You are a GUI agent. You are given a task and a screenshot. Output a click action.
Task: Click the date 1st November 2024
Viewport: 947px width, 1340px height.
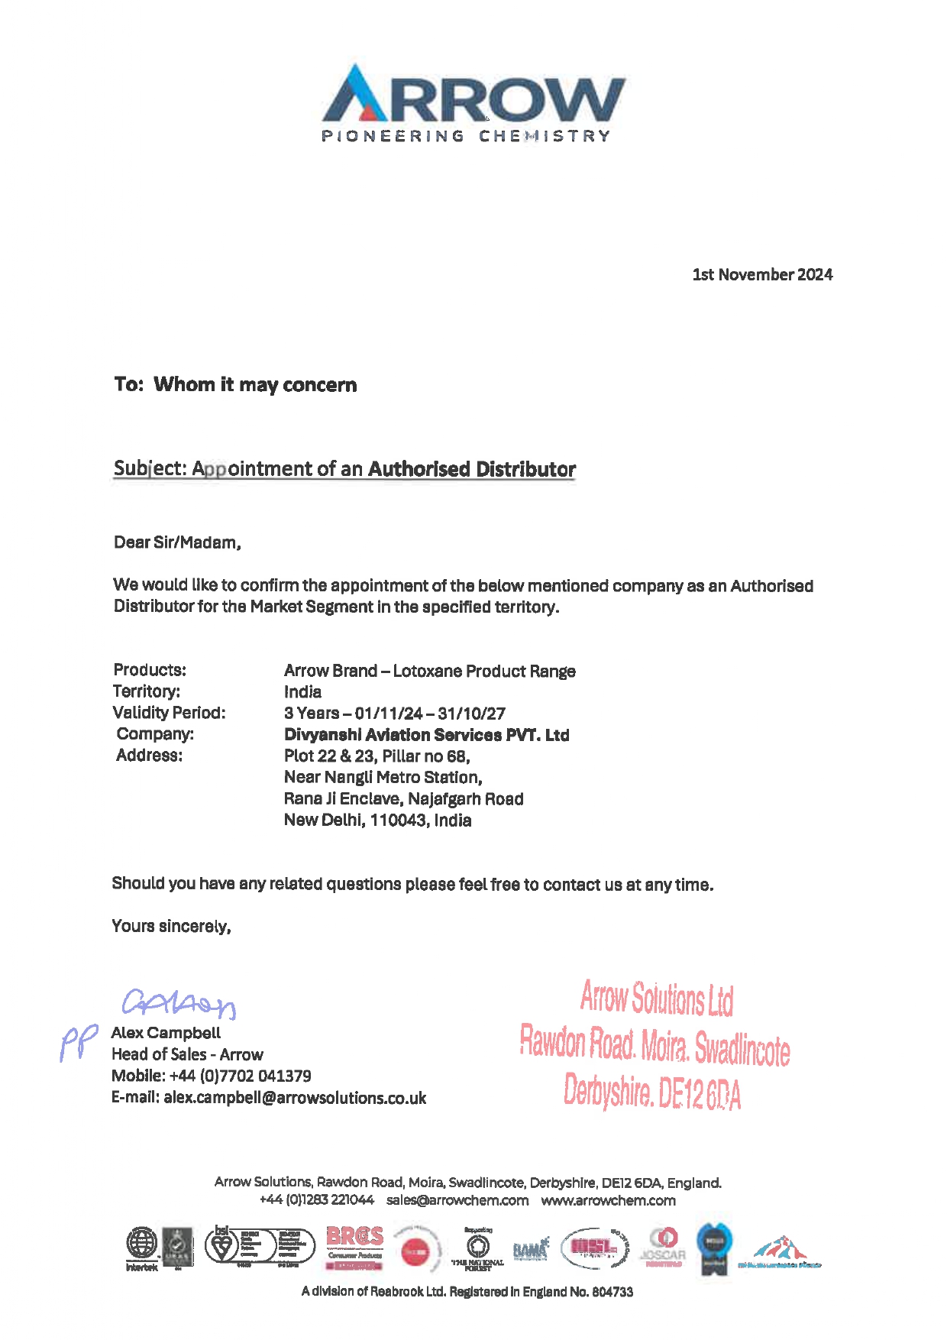coord(762,275)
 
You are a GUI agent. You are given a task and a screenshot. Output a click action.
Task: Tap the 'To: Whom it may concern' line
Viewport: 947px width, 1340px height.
coord(235,384)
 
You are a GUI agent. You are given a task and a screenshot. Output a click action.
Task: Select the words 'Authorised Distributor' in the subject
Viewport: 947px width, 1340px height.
coord(472,469)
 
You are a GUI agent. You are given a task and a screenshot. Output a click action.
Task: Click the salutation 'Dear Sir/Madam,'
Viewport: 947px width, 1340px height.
coord(177,542)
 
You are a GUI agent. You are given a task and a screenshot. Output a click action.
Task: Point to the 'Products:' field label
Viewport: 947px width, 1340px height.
coord(150,670)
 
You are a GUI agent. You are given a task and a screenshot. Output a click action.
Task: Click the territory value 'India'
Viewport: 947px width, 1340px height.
coord(302,692)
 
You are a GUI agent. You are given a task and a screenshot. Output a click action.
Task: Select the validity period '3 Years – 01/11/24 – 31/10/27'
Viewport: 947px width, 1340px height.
coord(394,714)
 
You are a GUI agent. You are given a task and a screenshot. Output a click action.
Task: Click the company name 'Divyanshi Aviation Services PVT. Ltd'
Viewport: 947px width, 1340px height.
coord(426,735)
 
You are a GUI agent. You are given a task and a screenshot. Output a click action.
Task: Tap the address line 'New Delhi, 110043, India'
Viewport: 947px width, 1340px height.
coord(377,821)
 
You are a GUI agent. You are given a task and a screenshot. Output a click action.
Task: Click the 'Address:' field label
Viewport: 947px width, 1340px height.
coord(150,756)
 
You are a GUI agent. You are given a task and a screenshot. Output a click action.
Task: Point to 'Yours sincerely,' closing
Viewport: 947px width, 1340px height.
coord(171,927)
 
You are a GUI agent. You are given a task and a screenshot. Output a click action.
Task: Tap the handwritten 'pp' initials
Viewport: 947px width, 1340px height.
coord(79,1043)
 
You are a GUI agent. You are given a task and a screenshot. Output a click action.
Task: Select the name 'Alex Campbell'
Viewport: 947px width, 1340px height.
coord(166,1033)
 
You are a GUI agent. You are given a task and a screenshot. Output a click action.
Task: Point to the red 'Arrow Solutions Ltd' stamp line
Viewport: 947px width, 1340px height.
coord(656,999)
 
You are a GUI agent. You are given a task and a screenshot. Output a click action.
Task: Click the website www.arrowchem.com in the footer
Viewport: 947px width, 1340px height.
coord(608,1200)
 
